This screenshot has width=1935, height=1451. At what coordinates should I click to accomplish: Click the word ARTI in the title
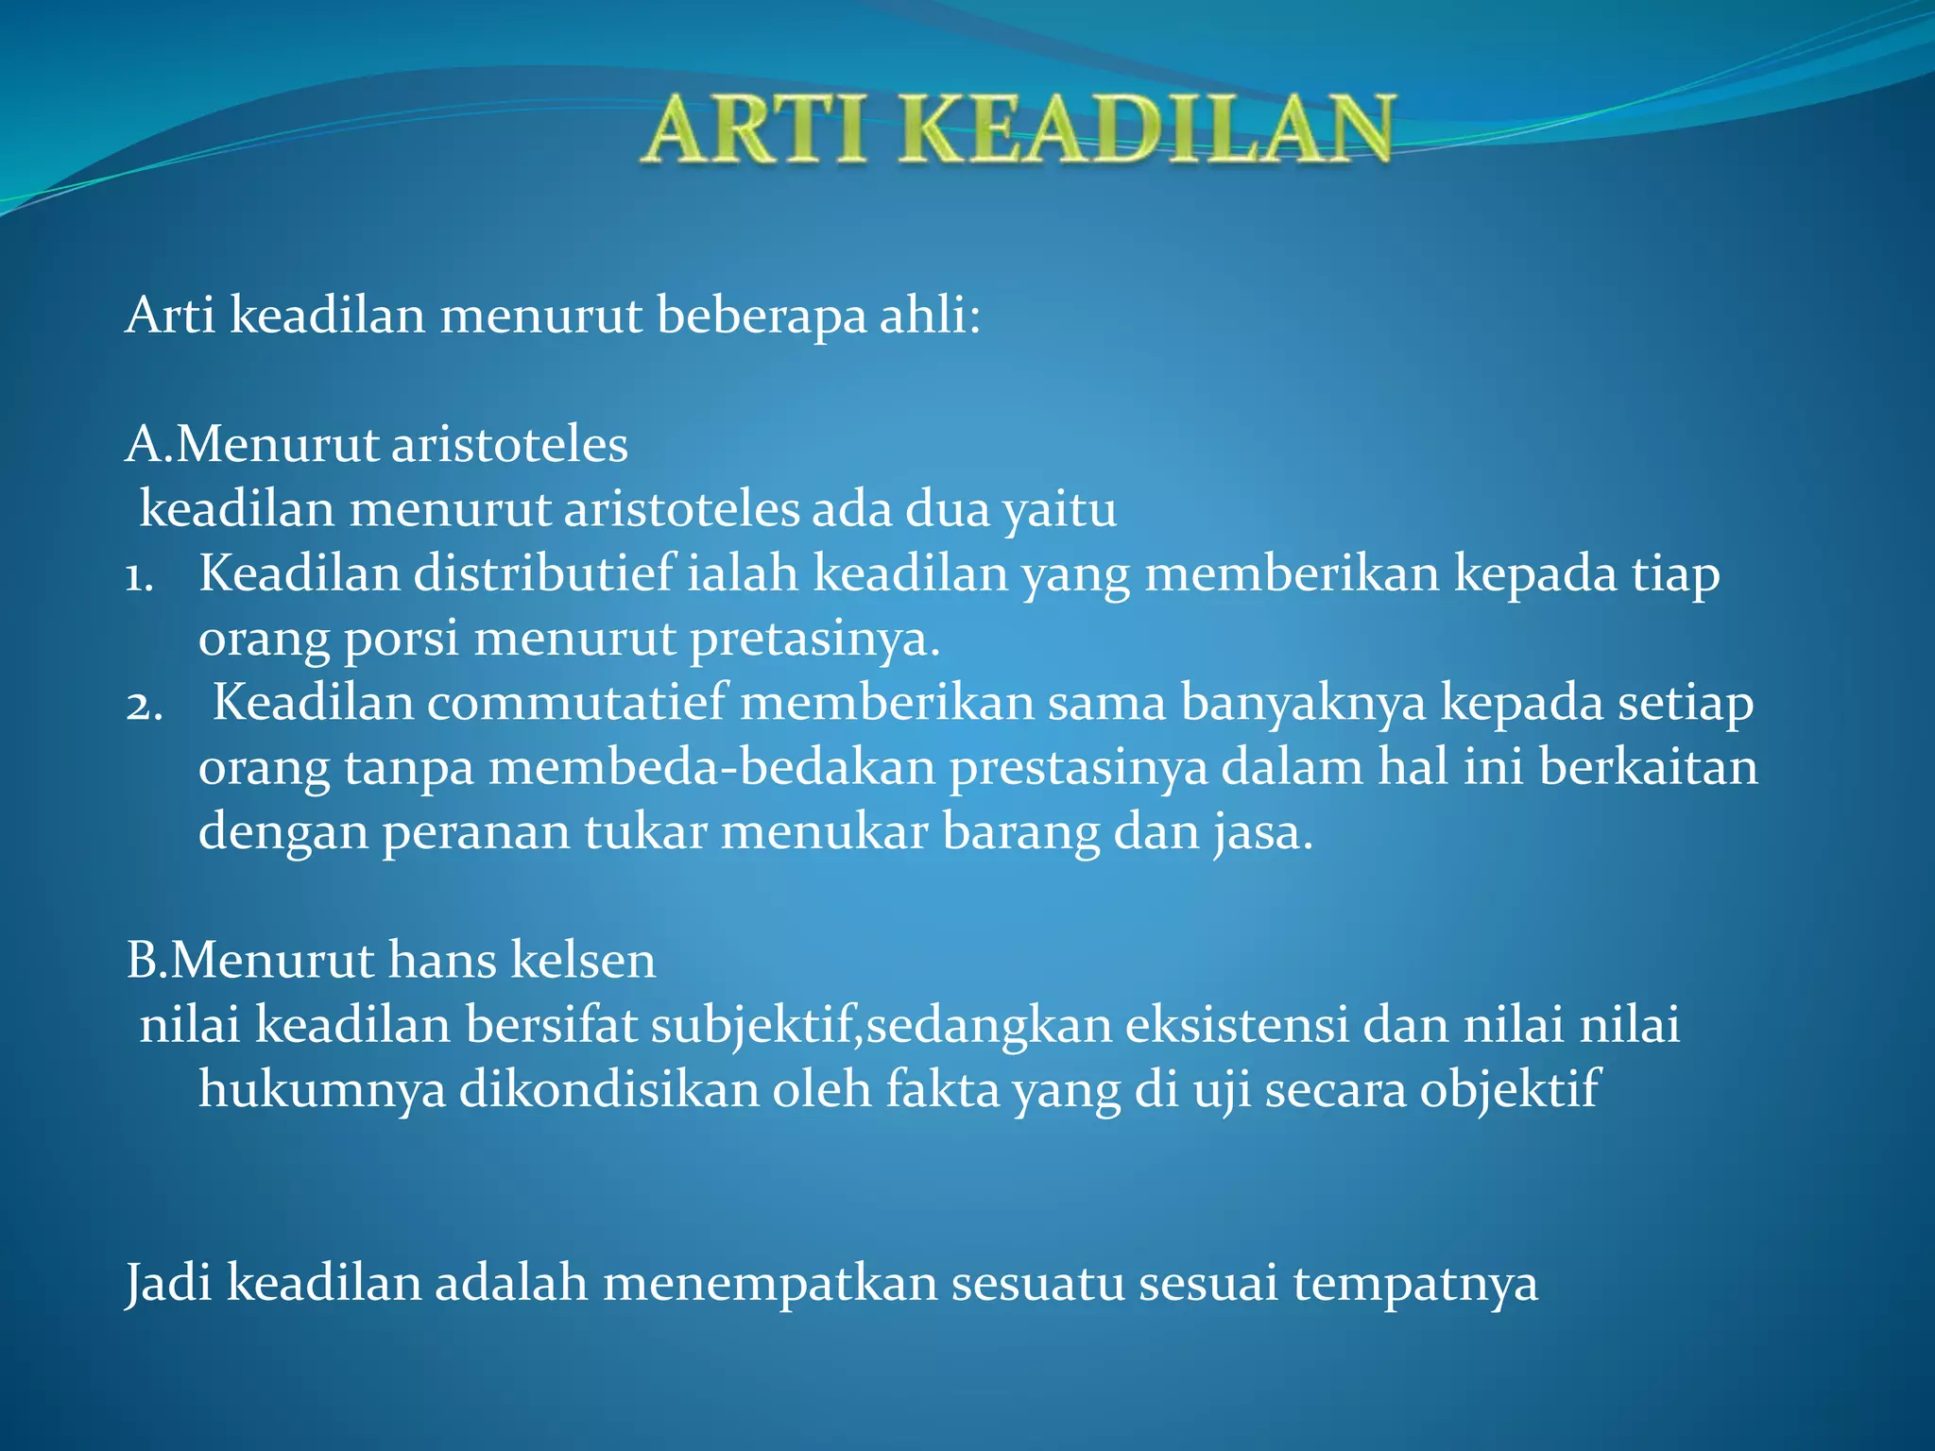point(756,130)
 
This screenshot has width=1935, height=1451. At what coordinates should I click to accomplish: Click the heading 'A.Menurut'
point(250,444)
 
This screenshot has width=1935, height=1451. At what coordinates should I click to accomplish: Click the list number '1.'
point(139,575)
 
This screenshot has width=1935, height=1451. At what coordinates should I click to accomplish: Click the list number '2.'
point(144,705)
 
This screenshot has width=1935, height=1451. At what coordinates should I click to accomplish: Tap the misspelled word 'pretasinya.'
point(814,640)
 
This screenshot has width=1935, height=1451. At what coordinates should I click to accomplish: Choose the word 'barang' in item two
point(1020,834)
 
